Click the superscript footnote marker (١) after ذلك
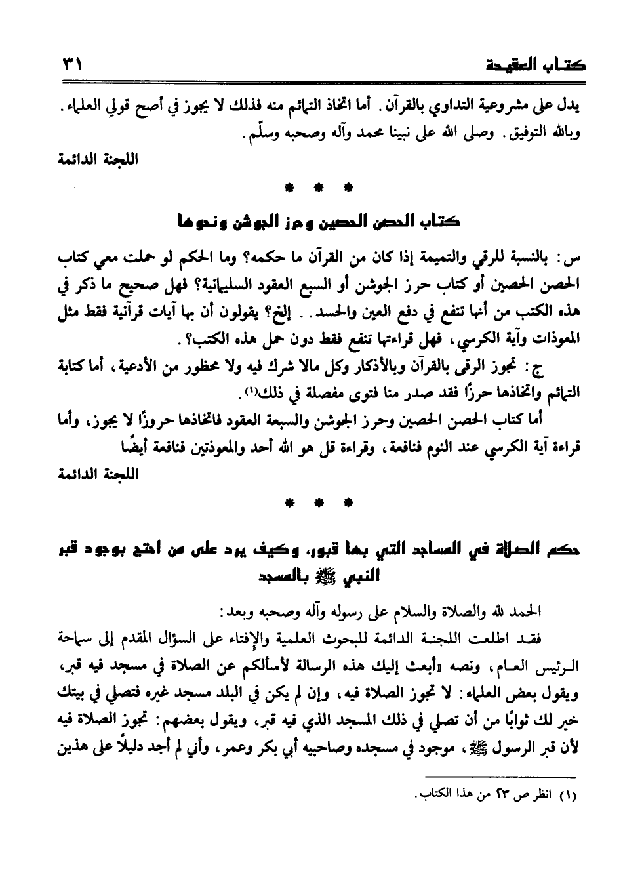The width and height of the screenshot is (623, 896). click(250, 391)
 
